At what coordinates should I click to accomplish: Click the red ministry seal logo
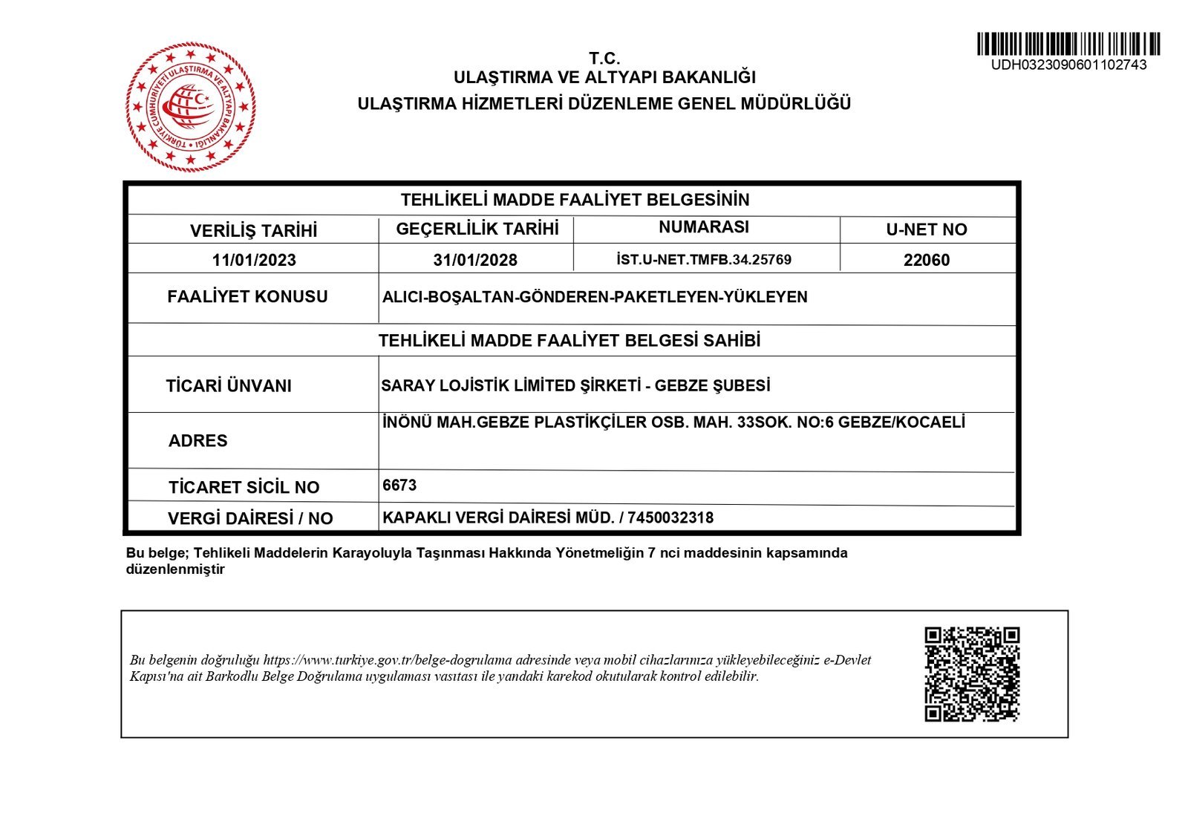coord(191,107)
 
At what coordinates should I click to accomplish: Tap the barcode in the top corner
coord(1068,44)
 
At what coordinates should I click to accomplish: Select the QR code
coord(972,674)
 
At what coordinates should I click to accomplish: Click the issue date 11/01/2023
coord(254,260)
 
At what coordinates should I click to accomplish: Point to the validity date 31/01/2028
coord(475,260)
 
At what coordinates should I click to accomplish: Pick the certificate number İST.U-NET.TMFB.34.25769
coord(704,260)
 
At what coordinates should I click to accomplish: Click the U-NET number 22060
coord(927,260)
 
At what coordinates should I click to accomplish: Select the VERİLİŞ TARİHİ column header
coord(253,231)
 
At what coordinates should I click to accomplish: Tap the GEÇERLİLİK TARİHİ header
coord(477,229)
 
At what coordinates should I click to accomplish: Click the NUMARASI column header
coord(704,227)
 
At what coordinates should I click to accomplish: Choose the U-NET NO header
coord(927,230)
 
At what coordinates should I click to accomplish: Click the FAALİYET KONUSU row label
coord(247,297)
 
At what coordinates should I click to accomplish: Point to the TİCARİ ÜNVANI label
coord(229,386)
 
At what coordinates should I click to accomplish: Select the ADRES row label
coord(198,441)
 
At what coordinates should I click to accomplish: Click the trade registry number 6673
coord(399,486)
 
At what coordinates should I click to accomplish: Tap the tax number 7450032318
coord(670,518)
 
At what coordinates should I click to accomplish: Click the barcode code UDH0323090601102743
coord(1068,65)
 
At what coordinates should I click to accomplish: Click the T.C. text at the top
coord(604,59)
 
